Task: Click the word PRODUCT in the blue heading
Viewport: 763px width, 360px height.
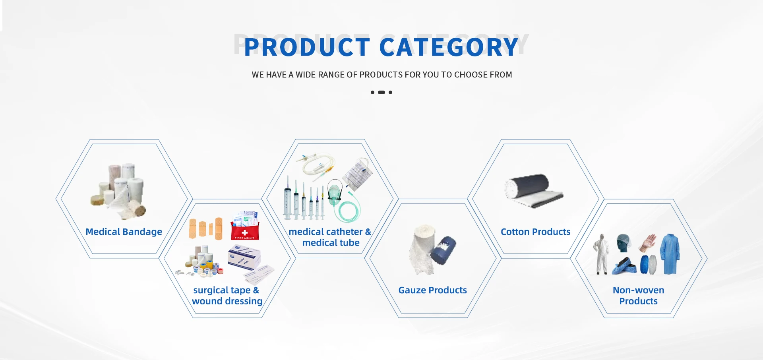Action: [x=307, y=47]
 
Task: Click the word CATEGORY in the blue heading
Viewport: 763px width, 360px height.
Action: [x=449, y=47]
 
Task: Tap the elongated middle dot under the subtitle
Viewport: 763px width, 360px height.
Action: [x=381, y=92]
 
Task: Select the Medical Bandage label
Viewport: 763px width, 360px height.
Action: [x=124, y=232]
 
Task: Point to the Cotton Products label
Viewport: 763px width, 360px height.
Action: [x=535, y=232]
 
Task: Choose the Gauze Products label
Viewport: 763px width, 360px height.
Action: [x=432, y=290]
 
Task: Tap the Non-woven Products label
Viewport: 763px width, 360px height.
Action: [x=638, y=296]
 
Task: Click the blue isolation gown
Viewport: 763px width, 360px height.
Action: [x=670, y=254]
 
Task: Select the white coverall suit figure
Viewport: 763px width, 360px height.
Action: [x=601, y=254]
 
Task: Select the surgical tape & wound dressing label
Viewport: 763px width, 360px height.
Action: [x=227, y=296]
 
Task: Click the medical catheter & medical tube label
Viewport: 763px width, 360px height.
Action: [x=330, y=237]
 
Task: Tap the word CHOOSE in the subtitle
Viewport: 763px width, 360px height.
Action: [x=471, y=75]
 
